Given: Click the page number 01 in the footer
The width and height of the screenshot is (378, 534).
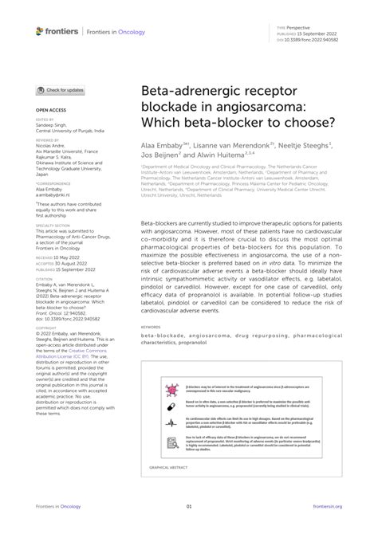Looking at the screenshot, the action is click(x=189, y=506).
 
